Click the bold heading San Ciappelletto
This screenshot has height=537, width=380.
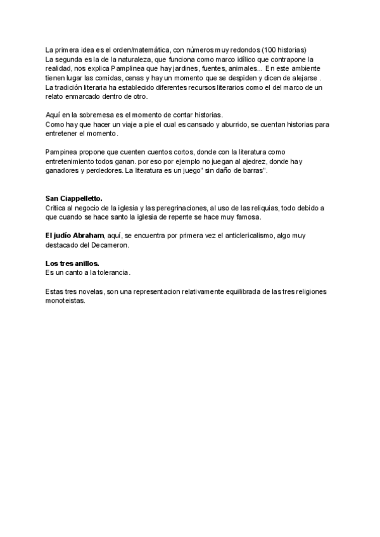pos(73,199)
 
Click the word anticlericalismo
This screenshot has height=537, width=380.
pos(224,236)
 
